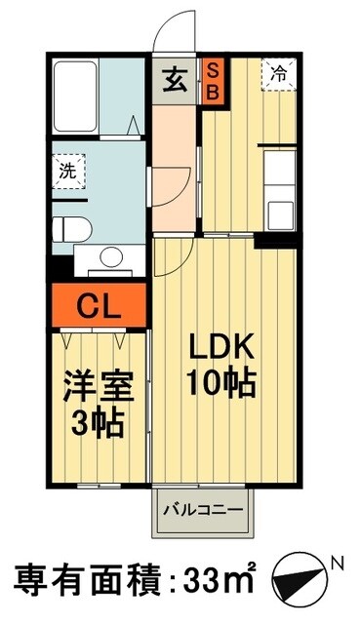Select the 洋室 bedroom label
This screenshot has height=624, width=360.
click(x=95, y=382)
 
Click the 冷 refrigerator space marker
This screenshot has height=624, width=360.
click(x=279, y=74)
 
